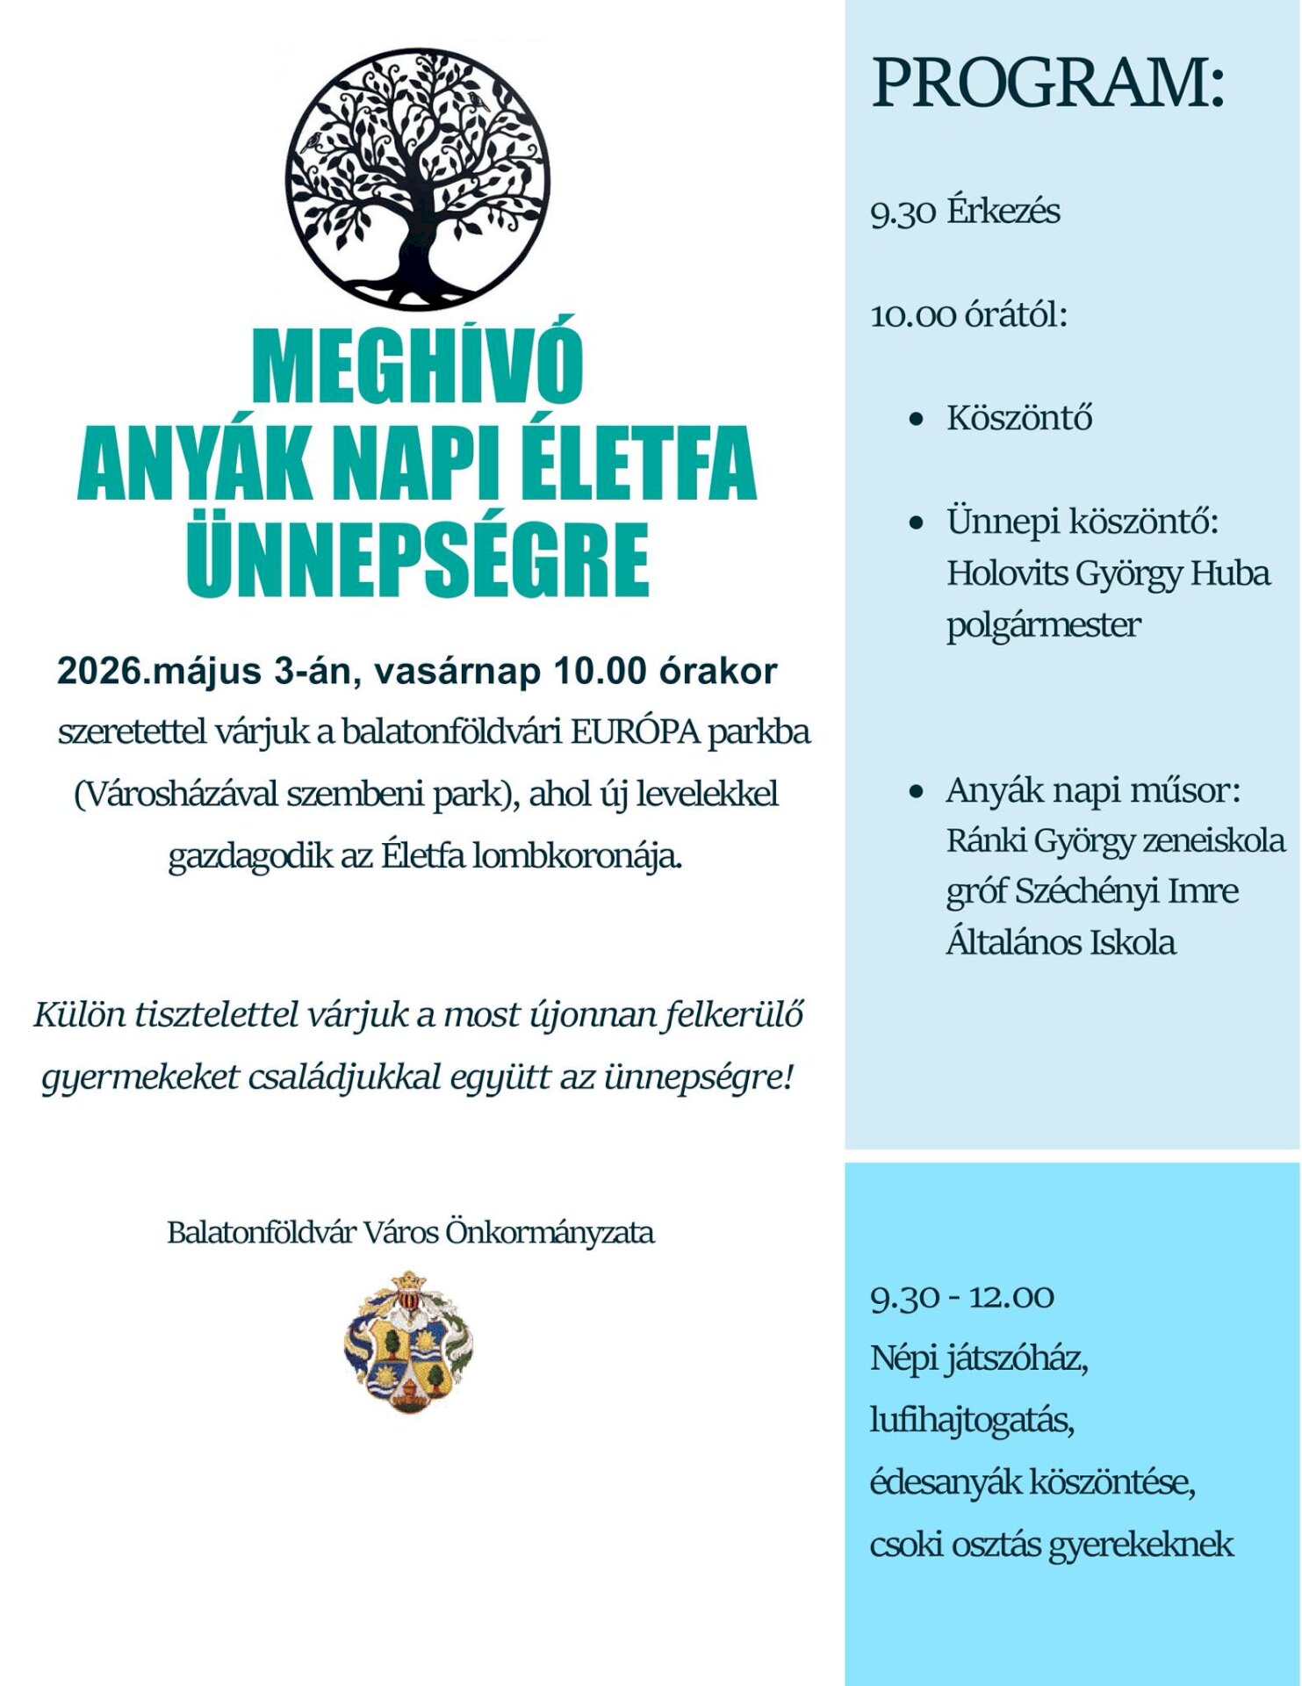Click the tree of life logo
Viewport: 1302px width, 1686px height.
pos(417,180)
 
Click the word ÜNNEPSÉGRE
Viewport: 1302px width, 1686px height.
pos(417,558)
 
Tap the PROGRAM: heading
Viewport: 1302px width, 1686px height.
pos(1048,84)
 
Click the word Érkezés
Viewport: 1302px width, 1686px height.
pos(1003,212)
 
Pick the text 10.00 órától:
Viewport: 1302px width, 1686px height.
pos(968,314)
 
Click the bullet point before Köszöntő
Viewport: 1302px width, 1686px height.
pos(917,420)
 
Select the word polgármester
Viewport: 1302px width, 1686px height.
pos(1043,625)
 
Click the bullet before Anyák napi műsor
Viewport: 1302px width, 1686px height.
pos(917,792)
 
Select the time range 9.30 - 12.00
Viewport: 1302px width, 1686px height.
pos(962,1297)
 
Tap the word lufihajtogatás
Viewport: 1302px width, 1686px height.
pos(973,1420)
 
